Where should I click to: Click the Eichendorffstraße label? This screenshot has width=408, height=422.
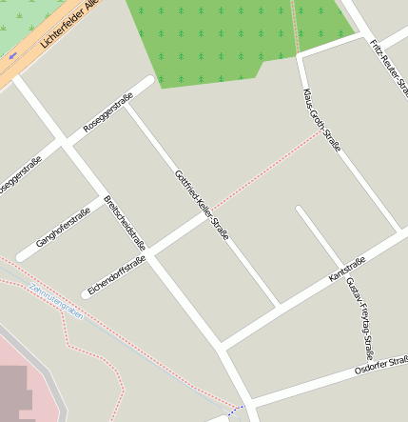(x=116, y=273)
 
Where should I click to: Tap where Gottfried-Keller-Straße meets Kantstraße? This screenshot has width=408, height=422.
(x=279, y=307)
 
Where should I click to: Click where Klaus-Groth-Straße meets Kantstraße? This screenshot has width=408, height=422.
(x=398, y=231)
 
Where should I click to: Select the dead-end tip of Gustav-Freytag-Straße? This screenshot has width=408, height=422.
(x=301, y=210)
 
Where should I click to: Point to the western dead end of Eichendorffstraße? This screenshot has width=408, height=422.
(x=86, y=294)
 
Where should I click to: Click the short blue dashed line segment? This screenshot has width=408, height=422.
(x=237, y=410)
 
